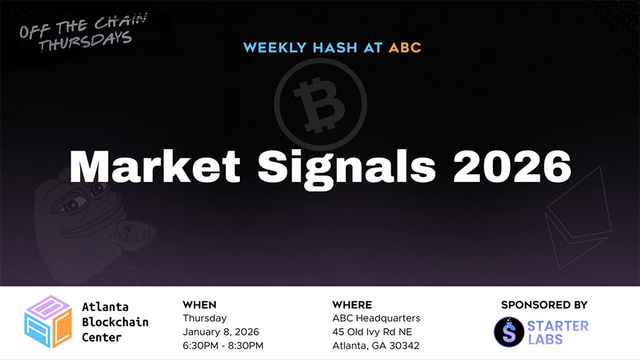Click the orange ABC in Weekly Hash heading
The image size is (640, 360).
click(404, 47)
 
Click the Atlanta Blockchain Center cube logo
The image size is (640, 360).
click(47, 322)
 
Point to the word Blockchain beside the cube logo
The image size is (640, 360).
click(115, 322)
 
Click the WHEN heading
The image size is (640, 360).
click(199, 305)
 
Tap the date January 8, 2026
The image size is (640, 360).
click(221, 332)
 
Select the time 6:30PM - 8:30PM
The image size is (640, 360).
click(222, 346)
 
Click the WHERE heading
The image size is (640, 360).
click(352, 305)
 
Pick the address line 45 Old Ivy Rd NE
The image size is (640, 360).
click(372, 332)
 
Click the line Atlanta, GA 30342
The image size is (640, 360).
click(376, 346)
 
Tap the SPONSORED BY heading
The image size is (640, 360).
click(544, 305)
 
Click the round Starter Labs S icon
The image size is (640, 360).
click(508, 332)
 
